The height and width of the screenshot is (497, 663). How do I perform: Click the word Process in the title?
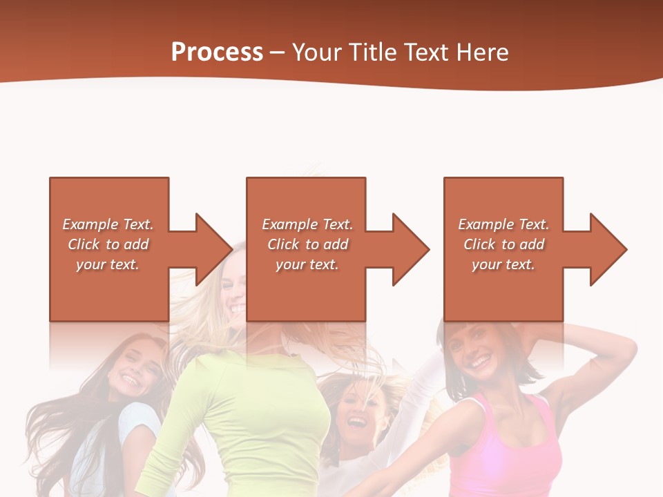point(217,52)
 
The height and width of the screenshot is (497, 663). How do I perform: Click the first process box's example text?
point(108,244)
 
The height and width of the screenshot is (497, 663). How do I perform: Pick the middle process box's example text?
point(307,244)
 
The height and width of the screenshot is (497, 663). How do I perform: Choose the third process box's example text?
point(503,244)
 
